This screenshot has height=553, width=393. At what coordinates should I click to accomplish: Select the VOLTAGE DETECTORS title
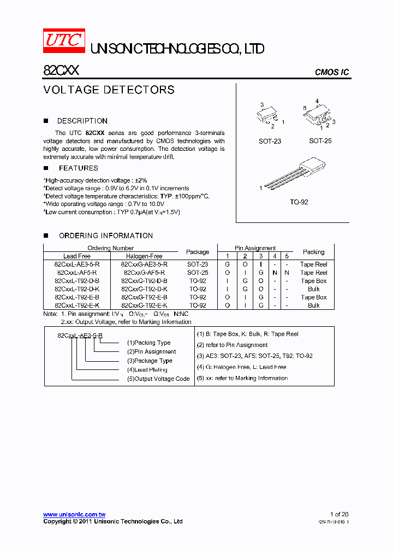click(109, 90)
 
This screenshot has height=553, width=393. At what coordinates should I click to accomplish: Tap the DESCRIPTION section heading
click(82, 121)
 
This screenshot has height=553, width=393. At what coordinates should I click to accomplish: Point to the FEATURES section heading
click(78, 168)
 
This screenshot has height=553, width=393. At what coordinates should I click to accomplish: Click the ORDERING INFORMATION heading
click(105, 236)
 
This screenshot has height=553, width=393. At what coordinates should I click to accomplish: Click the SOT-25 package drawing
click(318, 116)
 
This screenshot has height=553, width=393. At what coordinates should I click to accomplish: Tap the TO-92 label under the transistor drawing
click(299, 202)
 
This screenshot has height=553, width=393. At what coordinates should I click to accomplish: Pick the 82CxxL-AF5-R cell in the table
click(77, 272)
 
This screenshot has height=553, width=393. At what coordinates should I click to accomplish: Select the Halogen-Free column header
click(144, 256)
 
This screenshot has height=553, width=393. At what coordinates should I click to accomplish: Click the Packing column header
click(313, 252)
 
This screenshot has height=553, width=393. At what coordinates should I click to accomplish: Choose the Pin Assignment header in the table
click(255, 248)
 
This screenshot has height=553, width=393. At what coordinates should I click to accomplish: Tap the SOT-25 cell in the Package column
click(198, 272)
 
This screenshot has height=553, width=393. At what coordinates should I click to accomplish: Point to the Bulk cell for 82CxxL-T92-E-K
click(313, 305)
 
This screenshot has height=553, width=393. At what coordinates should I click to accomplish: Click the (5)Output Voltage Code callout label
click(158, 379)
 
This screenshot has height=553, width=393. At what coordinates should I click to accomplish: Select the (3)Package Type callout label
click(150, 361)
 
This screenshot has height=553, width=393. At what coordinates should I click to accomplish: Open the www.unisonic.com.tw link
click(74, 514)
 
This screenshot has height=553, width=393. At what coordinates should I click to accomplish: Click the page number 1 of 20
click(339, 514)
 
